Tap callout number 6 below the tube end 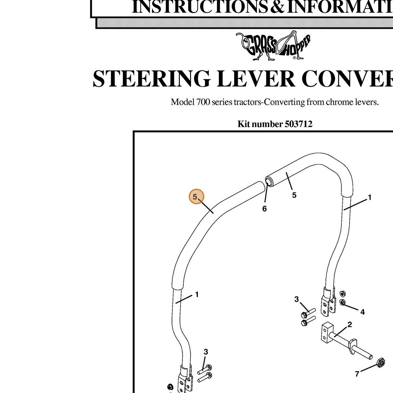pyautogui.click(x=264, y=209)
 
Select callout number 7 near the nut pyautogui.click(x=357, y=374)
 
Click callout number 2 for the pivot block pyautogui.click(x=349, y=325)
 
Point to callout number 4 pyautogui.click(x=363, y=312)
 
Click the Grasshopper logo pyautogui.click(x=273, y=46)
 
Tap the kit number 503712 pyautogui.click(x=275, y=124)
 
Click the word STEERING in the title pyautogui.click(x=152, y=79)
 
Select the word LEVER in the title pyautogui.click(x=256, y=79)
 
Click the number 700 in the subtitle pyautogui.click(x=203, y=102)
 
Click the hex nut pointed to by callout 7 pyautogui.click(x=381, y=363)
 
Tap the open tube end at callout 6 pyautogui.click(x=269, y=181)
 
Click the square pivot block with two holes pyautogui.click(x=327, y=332)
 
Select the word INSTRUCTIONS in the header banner pyautogui.click(x=200, y=7)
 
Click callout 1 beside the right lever pyautogui.click(x=369, y=197)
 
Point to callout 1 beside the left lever pyautogui.click(x=197, y=294)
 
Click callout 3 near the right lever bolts pyautogui.click(x=296, y=299)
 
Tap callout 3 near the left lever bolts pyautogui.click(x=206, y=352)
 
